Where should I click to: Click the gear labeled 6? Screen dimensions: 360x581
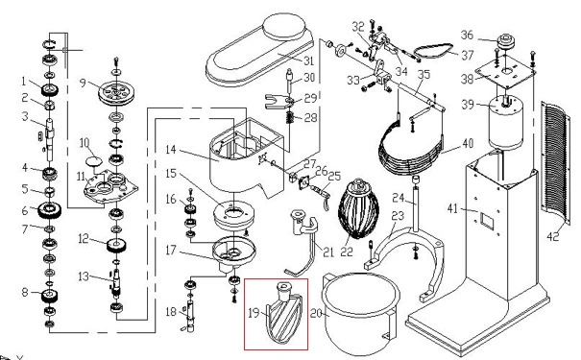46,210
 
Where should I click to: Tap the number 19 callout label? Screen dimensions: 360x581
252,312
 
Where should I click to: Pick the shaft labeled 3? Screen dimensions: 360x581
48,128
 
